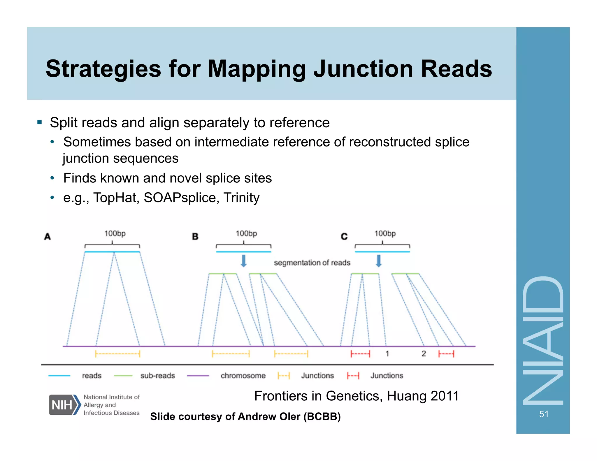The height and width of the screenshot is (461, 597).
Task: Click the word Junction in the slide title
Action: coord(363,69)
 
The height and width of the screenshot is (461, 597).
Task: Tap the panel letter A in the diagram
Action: coord(48,236)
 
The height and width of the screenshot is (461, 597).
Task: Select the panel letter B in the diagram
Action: coord(195,236)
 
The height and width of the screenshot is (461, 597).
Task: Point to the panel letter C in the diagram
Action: coord(344,236)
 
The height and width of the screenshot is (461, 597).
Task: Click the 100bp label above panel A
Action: coord(115,233)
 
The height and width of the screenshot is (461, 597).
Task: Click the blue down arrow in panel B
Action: coord(244,261)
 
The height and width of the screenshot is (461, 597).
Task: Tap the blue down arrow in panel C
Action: coord(378,261)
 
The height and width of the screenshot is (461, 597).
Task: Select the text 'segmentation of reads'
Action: coord(312,263)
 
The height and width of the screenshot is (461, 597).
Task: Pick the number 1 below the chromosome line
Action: coord(387,354)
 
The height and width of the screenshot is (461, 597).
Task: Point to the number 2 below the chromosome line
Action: coord(424,354)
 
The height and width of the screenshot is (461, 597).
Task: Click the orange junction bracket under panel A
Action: coord(117,354)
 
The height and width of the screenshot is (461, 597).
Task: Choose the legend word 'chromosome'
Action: coord(243,376)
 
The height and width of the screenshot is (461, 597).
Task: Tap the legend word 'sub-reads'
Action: coord(157,376)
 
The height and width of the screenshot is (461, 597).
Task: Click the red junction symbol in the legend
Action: coord(353,376)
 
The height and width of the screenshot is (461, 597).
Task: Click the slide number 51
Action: coord(544,414)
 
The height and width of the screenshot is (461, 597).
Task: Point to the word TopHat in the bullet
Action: coord(116,198)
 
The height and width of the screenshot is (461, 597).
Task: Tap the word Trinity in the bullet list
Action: coord(241,198)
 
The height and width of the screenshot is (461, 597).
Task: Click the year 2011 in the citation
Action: coord(445,396)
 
